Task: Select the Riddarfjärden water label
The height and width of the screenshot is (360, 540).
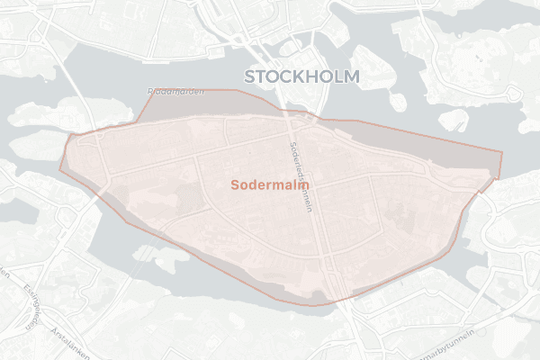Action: [x=175, y=92]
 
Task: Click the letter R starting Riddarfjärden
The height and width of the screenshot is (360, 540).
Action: [x=149, y=91]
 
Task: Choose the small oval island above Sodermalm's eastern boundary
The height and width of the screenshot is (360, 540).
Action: [x=454, y=119]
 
